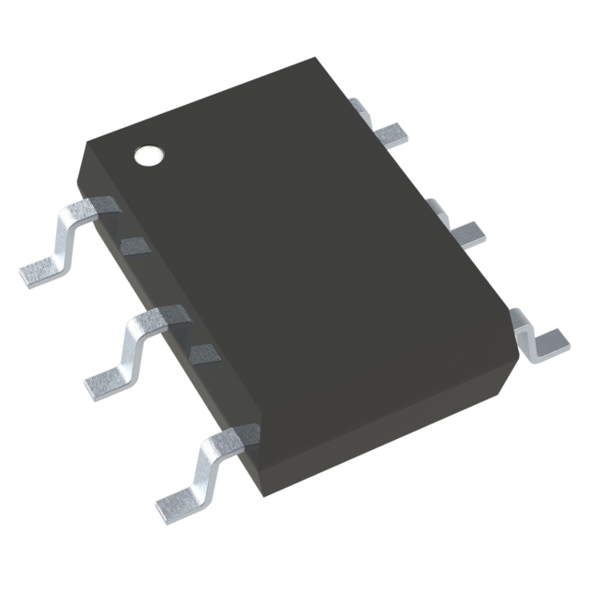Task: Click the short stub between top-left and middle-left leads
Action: [134, 245]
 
